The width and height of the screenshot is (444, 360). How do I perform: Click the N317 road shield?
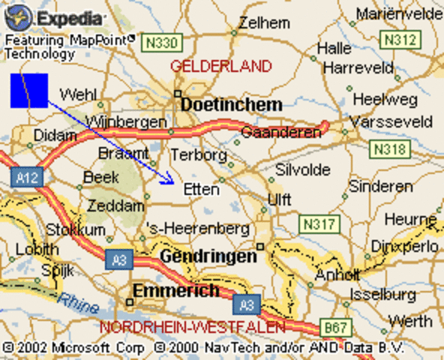[316, 223]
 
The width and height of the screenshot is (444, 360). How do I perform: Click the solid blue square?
[29, 91]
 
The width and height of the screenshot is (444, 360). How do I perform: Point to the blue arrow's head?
[171, 180]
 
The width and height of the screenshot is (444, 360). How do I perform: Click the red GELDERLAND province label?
[220, 66]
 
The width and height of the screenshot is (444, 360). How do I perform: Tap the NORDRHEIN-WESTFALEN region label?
[193, 328]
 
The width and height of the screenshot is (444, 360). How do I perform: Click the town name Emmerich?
[176, 290]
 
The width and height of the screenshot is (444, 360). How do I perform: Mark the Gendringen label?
[208, 256]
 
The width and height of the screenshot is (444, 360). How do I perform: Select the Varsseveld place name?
[402, 121]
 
